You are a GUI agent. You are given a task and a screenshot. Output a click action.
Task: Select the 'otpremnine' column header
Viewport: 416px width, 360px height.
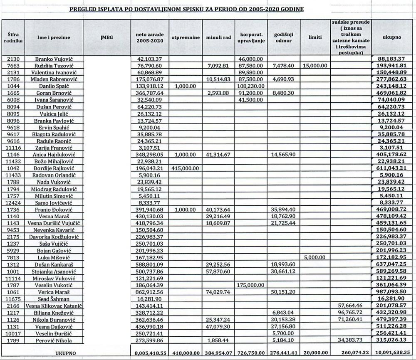[186, 37]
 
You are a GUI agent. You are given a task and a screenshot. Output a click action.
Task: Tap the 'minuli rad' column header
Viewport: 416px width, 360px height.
[218, 37]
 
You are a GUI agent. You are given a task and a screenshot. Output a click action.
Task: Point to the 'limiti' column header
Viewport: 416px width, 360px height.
[315, 37]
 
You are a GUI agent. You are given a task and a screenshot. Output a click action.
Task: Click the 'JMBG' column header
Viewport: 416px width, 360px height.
[106, 37]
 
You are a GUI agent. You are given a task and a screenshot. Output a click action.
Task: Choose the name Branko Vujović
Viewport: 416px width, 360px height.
[53, 59]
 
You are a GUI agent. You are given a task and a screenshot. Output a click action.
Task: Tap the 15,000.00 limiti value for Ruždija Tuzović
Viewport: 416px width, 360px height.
[315, 66]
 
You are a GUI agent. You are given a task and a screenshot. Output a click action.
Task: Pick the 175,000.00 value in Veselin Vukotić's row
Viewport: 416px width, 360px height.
[251, 285]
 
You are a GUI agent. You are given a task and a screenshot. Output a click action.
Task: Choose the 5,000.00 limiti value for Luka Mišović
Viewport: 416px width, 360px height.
[315, 258]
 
